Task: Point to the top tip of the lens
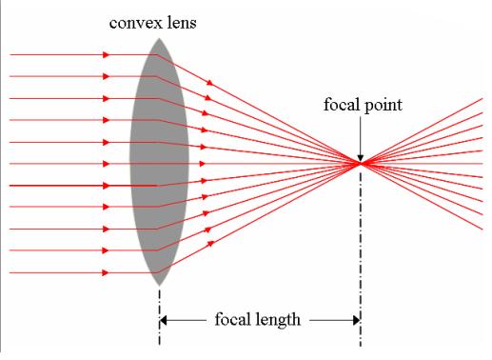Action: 159,41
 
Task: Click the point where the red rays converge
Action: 360,164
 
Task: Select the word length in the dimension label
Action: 279,320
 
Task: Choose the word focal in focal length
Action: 234,320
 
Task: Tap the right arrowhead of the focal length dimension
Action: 354,321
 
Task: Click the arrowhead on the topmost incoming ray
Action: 106,54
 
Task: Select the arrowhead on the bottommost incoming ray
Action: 106,273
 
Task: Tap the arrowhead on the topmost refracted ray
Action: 207,84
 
